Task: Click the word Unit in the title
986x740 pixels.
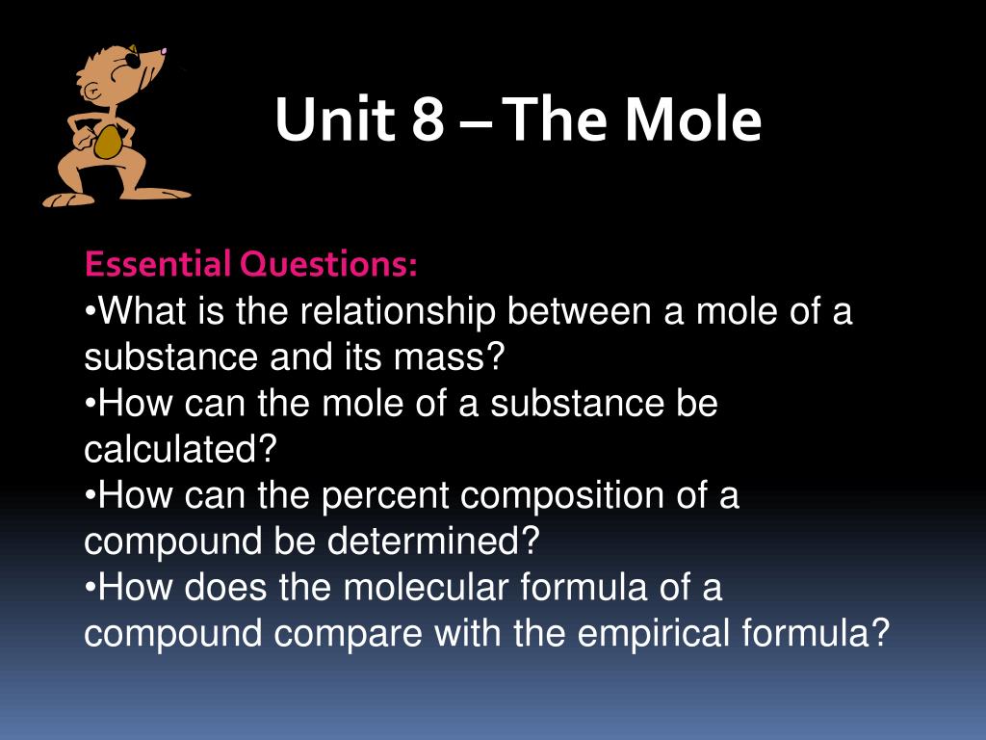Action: click(x=335, y=119)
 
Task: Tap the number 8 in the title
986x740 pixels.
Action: click(x=428, y=119)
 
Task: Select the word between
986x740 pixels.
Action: click(x=579, y=311)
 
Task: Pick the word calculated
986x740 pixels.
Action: click(x=180, y=449)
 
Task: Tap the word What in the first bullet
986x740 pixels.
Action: click(x=143, y=311)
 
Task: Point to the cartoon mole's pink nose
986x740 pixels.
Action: click(x=164, y=51)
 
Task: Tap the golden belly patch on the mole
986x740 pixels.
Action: click(x=108, y=142)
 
